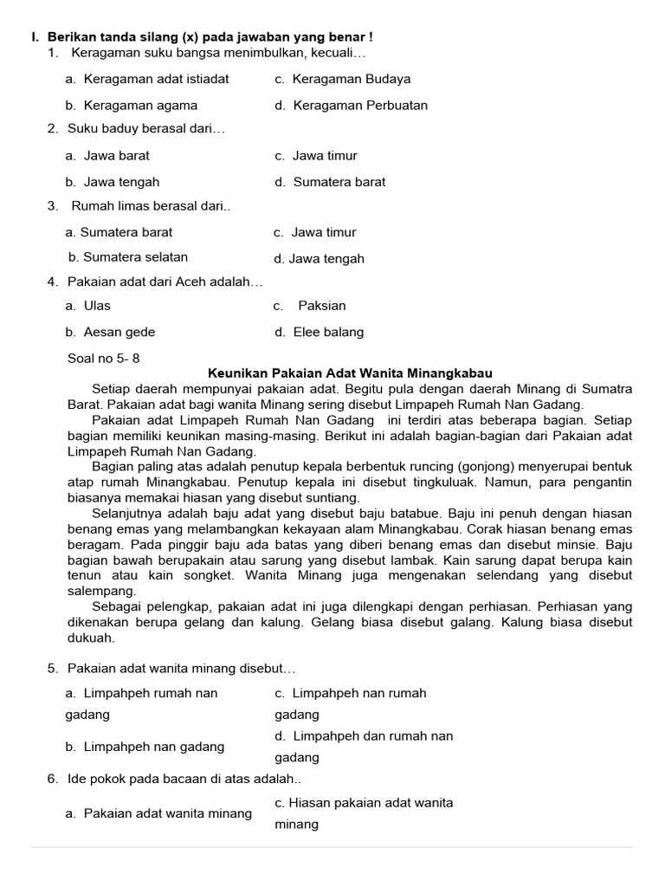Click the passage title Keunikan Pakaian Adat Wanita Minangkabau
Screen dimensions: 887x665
coord(350,372)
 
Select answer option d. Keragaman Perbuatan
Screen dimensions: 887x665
coord(351,106)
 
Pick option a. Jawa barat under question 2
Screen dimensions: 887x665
coord(107,156)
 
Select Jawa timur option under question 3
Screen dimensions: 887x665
coord(314,232)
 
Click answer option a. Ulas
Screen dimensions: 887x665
coord(87,306)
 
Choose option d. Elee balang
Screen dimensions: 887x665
coord(319,332)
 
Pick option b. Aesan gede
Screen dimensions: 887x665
coord(110,332)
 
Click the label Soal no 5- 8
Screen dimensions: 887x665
coord(103,358)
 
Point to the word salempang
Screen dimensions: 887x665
coord(101,591)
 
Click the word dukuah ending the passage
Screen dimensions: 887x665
coord(91,638)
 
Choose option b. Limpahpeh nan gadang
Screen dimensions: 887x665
coord(145,747)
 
